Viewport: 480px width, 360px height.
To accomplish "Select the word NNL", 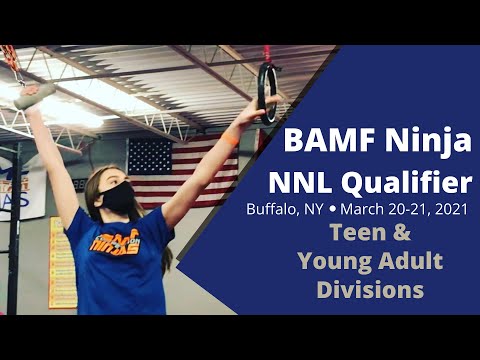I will (302, 183).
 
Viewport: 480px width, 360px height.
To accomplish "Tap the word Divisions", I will (370, 291).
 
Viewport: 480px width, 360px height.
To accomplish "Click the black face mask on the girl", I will (119, 196).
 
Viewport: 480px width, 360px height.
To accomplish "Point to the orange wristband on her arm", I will (232, 139).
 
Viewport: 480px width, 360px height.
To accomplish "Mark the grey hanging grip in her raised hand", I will (35, 95).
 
